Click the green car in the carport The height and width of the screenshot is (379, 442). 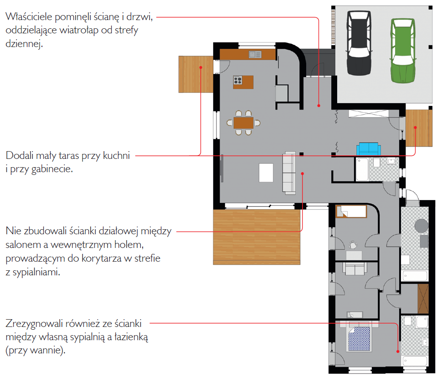pos(402,51)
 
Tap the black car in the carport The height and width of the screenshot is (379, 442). pos(359,43)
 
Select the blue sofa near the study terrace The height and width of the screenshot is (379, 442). pos(369,149)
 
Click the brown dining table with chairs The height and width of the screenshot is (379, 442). pos(243,123)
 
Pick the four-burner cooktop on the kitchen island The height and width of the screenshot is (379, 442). pos(237,80)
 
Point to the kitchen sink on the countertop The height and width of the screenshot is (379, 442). pos(255,54)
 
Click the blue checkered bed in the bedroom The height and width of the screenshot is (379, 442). pos(359,339)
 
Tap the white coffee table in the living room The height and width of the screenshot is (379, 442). pos(266,173)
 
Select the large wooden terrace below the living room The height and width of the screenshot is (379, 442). pos(257,237)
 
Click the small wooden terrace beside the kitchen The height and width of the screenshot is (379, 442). pos(196,74)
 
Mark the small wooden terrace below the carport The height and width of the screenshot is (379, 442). pos(419,128)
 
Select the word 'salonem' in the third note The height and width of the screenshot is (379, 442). pos(23,245)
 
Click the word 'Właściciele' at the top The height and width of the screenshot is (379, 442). pos(29,16)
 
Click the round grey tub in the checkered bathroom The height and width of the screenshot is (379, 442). pos(421,226)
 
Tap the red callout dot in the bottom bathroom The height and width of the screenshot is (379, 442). pos(398,352)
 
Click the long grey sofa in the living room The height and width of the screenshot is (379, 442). pos(289,173)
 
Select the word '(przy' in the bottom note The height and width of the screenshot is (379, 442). pos(16,351)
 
